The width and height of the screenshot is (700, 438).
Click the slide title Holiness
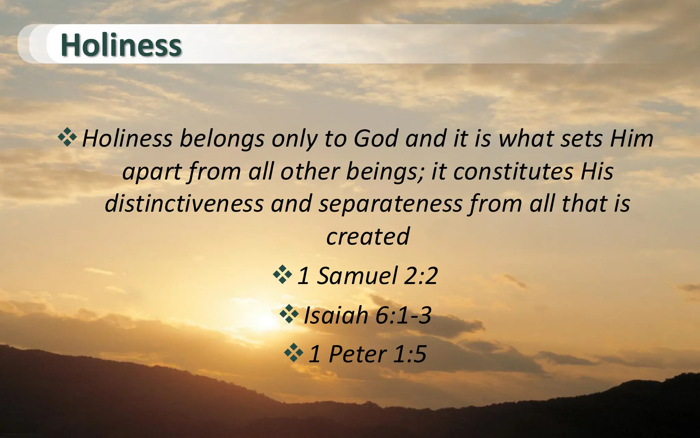[121, 45]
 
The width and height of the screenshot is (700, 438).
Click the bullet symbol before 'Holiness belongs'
[67, 137]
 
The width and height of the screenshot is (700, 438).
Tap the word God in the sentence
[376, 139]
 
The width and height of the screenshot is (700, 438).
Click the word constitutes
[513, 171]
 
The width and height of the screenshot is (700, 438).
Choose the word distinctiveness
[184, 204]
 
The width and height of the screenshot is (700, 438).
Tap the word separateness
[390, 204]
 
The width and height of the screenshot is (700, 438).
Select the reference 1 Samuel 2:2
[367, 276]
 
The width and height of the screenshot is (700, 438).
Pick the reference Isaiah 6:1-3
[367, 315]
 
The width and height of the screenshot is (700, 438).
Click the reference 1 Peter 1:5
[367, 354]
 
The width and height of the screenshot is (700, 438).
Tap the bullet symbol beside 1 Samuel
[282, 274]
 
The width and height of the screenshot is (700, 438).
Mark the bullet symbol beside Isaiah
[289, 314]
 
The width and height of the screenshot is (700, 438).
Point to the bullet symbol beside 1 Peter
[294, 353]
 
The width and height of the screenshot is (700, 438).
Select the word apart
[152, 172]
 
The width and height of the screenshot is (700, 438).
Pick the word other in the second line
[310, 171]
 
